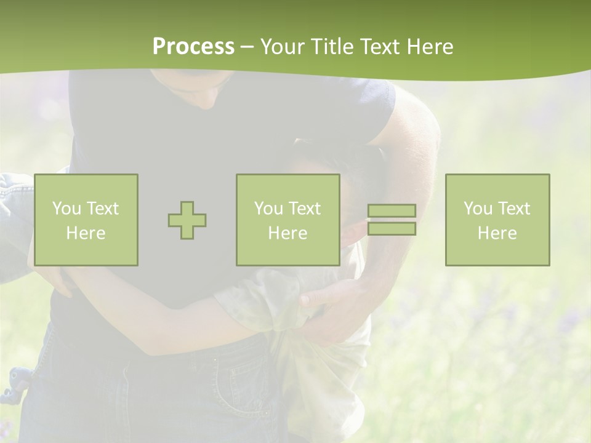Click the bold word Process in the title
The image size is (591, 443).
pos(193,47)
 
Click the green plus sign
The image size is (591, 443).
pos(187,220)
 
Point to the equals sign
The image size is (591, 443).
pos(392,220)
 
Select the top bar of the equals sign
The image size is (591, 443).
pos(392,210)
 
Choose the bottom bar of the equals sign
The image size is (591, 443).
pos(392,229)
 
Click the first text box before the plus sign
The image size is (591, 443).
pos(86,220)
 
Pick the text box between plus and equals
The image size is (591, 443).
pos(288,220)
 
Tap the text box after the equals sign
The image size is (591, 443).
pos(497,220)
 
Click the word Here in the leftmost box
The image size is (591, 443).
pos(86,233)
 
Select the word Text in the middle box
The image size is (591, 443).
pos(305,209)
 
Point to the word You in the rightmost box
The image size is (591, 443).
pos(478,209)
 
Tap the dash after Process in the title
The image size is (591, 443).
pos(247,47)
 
